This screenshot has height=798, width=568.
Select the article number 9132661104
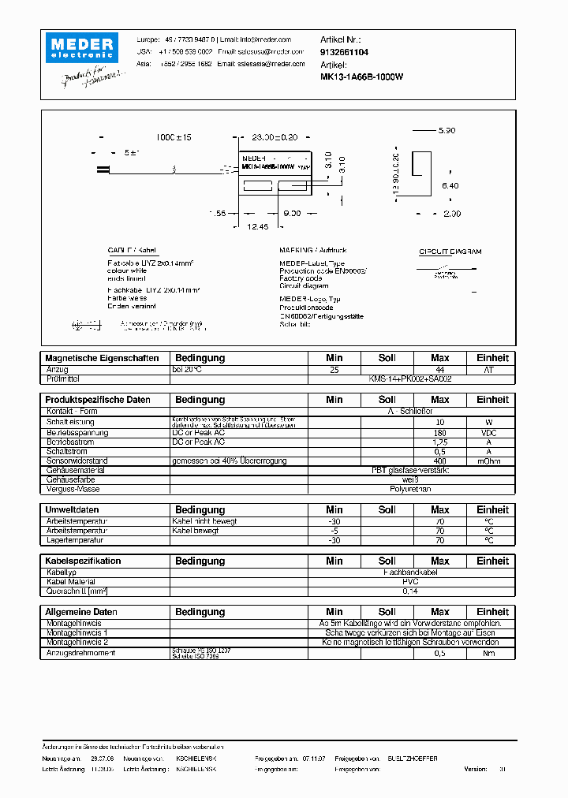click(x=344, y=51)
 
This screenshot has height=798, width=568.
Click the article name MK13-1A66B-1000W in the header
click(x=362, y=76)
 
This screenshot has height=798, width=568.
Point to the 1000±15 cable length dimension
click(x=174, y=137)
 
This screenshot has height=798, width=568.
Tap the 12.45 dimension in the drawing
click(x=257, y=226)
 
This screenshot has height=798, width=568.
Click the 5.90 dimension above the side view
click(x=447, y=130)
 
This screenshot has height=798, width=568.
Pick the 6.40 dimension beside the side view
click(x=450, y=185)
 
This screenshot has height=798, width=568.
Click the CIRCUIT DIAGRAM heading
click(x=450, y=252)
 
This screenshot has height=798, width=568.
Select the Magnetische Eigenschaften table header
click(x=102, y=358)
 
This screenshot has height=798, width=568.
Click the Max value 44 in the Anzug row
click(x=440, y=369)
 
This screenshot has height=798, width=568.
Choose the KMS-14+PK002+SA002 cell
click(x=410, y=378)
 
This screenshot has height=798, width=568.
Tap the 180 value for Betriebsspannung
click(x=440, y=432)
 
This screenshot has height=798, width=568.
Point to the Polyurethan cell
click(x=410, y=489)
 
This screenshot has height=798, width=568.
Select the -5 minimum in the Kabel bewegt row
click(x=334, y=531)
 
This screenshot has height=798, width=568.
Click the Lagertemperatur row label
click(x=75, y=540)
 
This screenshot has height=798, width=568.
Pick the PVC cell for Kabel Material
click(x=410, y=581)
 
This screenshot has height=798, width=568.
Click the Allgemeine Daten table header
click(x=81, y=612)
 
